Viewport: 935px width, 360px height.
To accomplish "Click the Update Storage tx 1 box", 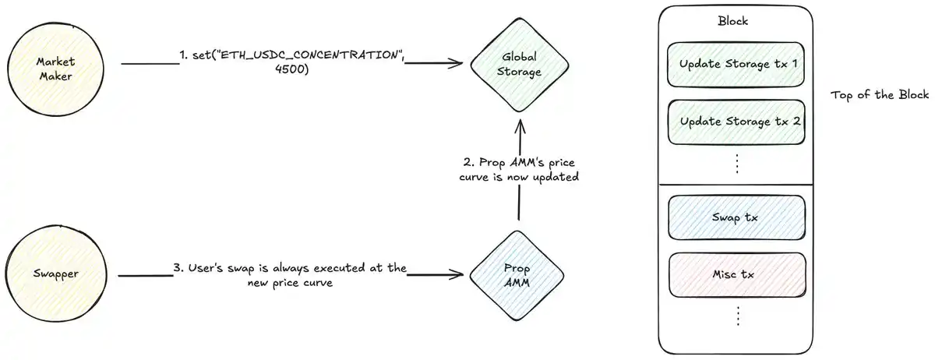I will click(x=736, y=63).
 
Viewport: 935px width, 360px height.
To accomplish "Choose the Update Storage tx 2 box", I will click(x=736, y=122).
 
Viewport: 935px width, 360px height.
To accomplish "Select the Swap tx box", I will click(x=736, y=217).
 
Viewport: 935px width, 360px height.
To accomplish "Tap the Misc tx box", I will click(x=736, y=274).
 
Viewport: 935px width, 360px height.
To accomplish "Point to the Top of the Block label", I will click(x=880, y=95).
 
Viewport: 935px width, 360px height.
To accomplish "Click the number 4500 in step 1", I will click(x=293, y=69).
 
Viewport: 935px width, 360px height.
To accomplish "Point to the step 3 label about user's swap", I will click(x=289, y=275).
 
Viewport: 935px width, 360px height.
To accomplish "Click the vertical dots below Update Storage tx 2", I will click(x=736, y=163).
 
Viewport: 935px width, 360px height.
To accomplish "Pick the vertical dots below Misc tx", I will click(x=736, y=316).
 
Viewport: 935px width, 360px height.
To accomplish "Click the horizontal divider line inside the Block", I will click(x=736, y=184).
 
